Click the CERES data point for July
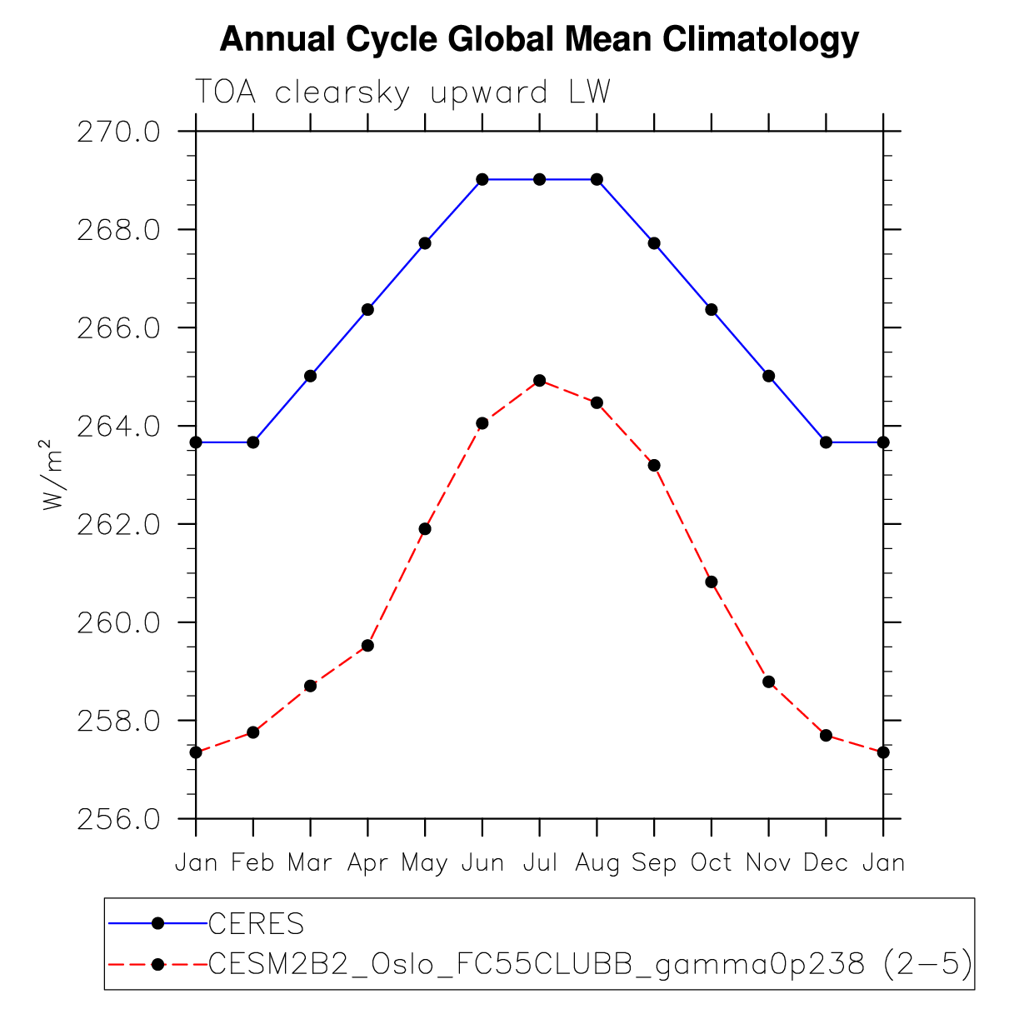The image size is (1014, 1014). [x=539, y=179]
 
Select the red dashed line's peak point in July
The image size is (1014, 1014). [x=539, y=381]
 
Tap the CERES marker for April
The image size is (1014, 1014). [x=367, y=310]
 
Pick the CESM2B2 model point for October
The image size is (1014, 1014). [x=711, y=582]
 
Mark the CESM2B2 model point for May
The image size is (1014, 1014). [x=425, y=529]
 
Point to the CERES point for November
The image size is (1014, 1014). [x=768, y=376]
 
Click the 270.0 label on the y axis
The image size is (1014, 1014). [x=117, y=132]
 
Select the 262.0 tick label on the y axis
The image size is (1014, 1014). [x=117, y=525]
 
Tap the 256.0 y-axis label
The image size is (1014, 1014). [x=117, y=820]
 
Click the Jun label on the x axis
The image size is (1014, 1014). [x=482, y=863]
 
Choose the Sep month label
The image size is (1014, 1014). [x=654, y=863]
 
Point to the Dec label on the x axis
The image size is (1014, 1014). [x=826, y=863]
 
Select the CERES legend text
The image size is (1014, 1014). [x=257, y=924]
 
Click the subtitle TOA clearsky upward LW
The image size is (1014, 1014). [x=402, y=92]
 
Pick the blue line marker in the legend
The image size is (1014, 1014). [x=157, y=923]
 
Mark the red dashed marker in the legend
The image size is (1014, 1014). [x=157, y=965]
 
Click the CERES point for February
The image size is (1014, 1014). [x=253, y=442]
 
